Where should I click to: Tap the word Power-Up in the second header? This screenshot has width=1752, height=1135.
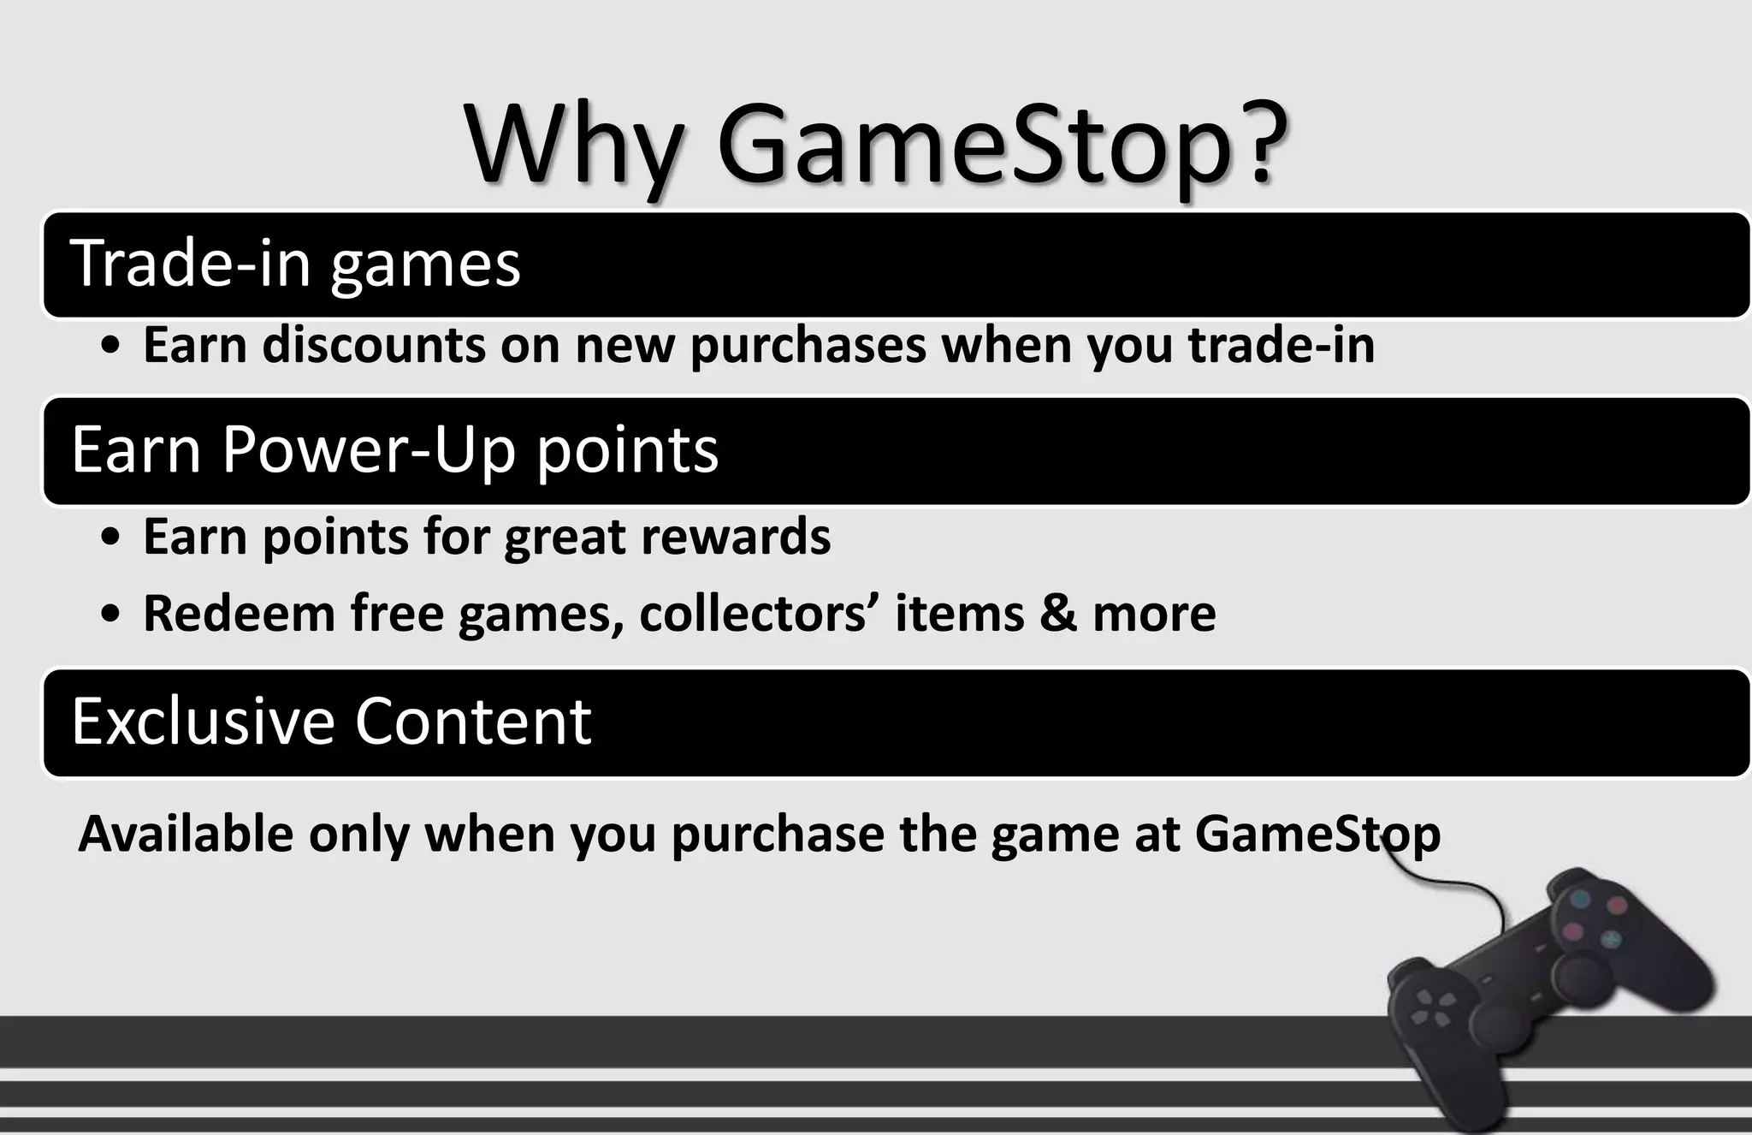[x=369, y=449]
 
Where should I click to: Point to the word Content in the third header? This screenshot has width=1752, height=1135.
[x=472, y=721]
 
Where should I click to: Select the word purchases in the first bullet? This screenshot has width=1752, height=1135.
[x=808, y=347]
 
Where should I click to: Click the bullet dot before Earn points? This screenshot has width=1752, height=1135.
[x=109, y=539]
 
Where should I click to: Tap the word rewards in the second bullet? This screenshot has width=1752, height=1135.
[x=735, y=538]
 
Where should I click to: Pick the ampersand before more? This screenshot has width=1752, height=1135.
[x=1057, y=614]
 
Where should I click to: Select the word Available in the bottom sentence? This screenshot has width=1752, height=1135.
[x=186, y=834]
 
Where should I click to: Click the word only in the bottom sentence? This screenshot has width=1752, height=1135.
[x=358, y=835]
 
